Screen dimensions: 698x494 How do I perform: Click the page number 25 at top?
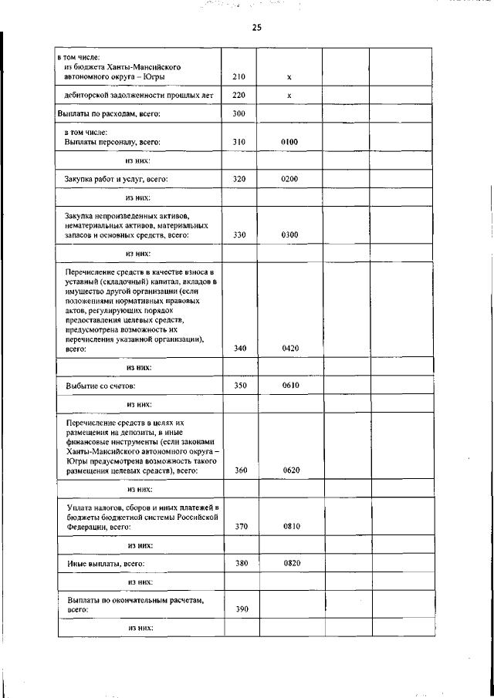tap(256, 28)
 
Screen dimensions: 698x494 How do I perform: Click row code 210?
tap(239, 77)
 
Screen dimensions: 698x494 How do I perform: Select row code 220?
tap(239, 96)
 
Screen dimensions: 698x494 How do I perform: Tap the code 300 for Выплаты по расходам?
tap(239, 114)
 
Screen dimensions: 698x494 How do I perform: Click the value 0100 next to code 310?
tap(289, 142)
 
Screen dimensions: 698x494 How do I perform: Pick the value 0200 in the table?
tap(289, 179)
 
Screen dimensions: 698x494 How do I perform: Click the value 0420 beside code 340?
tap(290, 349)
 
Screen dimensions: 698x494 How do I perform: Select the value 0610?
tap(290, 384)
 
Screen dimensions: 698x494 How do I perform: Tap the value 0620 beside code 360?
tap(290, 470)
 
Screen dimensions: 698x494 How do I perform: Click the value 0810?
tap(291, 527)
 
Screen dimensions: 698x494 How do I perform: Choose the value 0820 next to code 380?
tap(291, 563)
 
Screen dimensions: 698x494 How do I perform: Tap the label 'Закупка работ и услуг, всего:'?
tap(116, 179)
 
